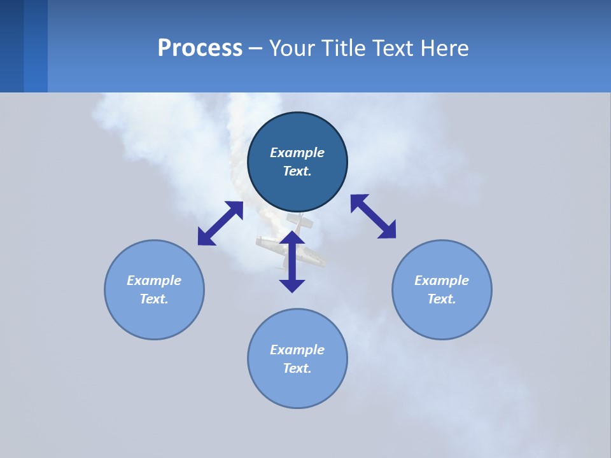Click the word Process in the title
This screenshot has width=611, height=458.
click(200, 48)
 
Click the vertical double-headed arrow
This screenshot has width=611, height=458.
click(292, 262)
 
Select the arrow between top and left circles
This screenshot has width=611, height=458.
click(220, 223)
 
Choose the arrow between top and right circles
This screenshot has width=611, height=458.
click(373, 216)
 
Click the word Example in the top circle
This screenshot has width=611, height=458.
click(297, 153)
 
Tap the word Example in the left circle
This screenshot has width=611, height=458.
click(154, 281)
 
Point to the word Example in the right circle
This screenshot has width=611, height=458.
click(442, 281)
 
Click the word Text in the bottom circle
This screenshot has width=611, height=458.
click(297, 368)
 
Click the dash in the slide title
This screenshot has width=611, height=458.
click(255, 48)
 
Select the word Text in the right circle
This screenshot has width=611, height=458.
click(442, 299)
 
